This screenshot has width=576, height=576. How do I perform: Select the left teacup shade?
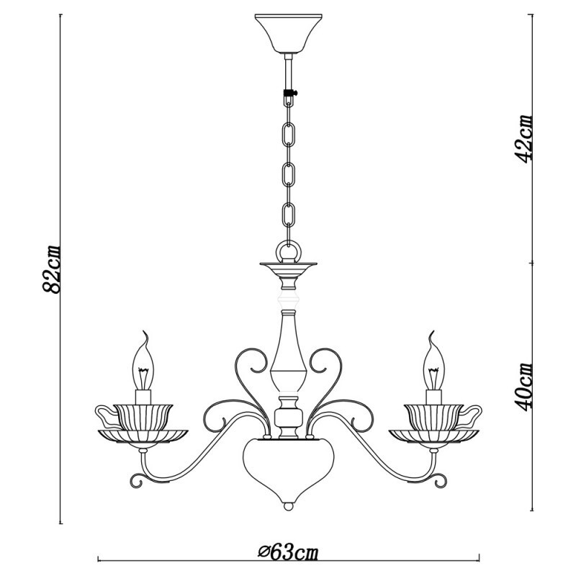(x=143, y=415)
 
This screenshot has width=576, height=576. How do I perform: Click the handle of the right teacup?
(x=471, y=415)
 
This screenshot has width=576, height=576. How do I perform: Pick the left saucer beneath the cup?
(x=143, y=435)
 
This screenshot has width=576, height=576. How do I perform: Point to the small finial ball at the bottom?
(x=288, y=506)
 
